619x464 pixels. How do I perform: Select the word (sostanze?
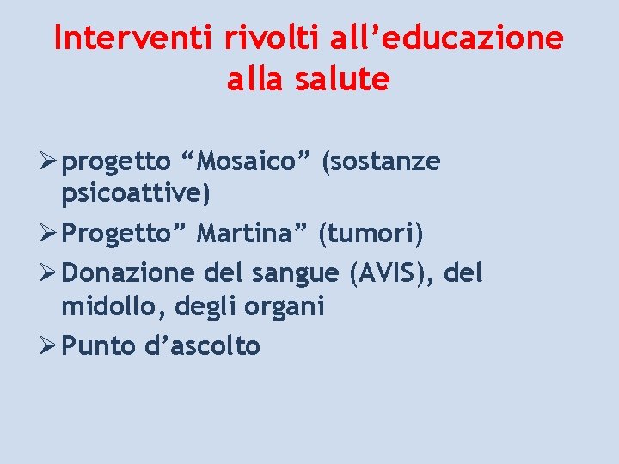point(381,162)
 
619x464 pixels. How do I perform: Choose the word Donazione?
point(132,273)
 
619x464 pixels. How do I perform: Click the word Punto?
point(99,346)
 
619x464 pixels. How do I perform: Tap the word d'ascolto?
point(202,346)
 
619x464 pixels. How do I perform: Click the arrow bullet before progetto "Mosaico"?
point(50,162)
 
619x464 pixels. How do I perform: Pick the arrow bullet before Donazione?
point(50,273)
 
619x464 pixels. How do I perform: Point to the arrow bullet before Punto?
point(50,346)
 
